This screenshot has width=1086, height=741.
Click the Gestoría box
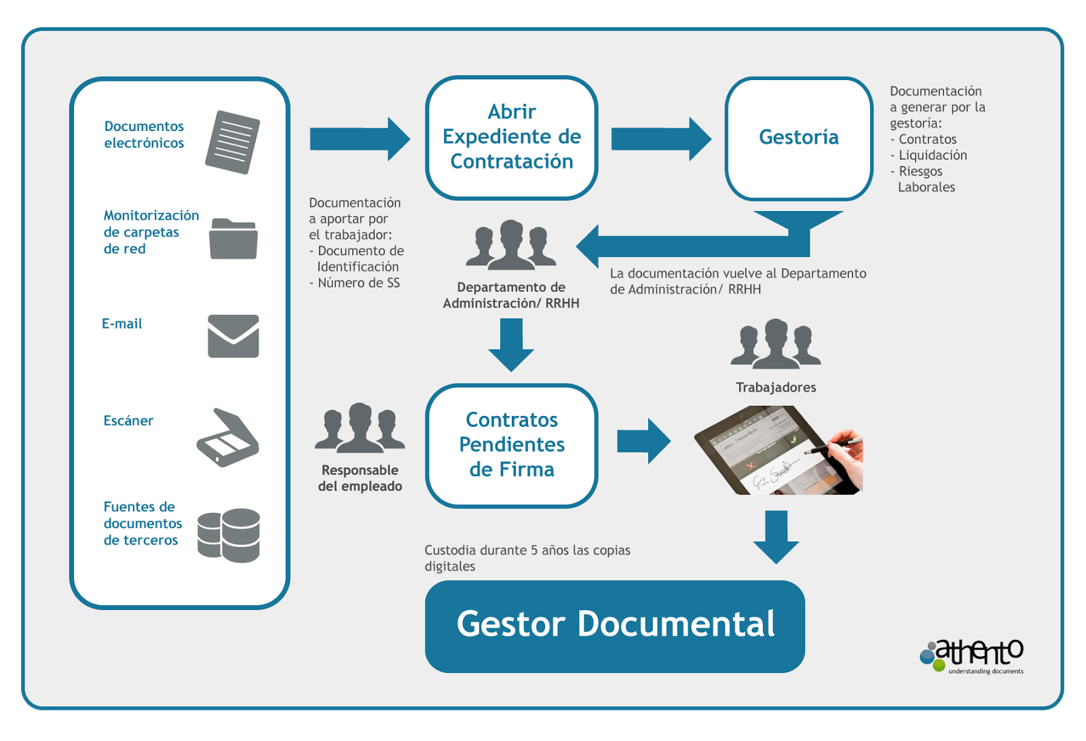799,138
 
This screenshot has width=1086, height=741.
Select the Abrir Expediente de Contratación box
512,137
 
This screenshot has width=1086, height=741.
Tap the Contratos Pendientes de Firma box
512,445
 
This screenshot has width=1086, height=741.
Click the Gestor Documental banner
615,626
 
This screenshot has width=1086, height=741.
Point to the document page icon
233,142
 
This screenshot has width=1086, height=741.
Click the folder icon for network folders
233,239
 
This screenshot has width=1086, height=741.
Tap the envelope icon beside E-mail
233,336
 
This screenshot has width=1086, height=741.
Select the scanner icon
228,438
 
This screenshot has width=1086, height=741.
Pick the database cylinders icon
229,535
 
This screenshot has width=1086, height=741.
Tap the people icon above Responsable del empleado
360,428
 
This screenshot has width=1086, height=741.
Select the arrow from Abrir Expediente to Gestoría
660,139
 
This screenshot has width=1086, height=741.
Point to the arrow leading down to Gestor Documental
776,537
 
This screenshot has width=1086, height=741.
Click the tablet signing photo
779,450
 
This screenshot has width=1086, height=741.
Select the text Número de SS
358,283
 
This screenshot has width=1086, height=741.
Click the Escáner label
128,421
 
